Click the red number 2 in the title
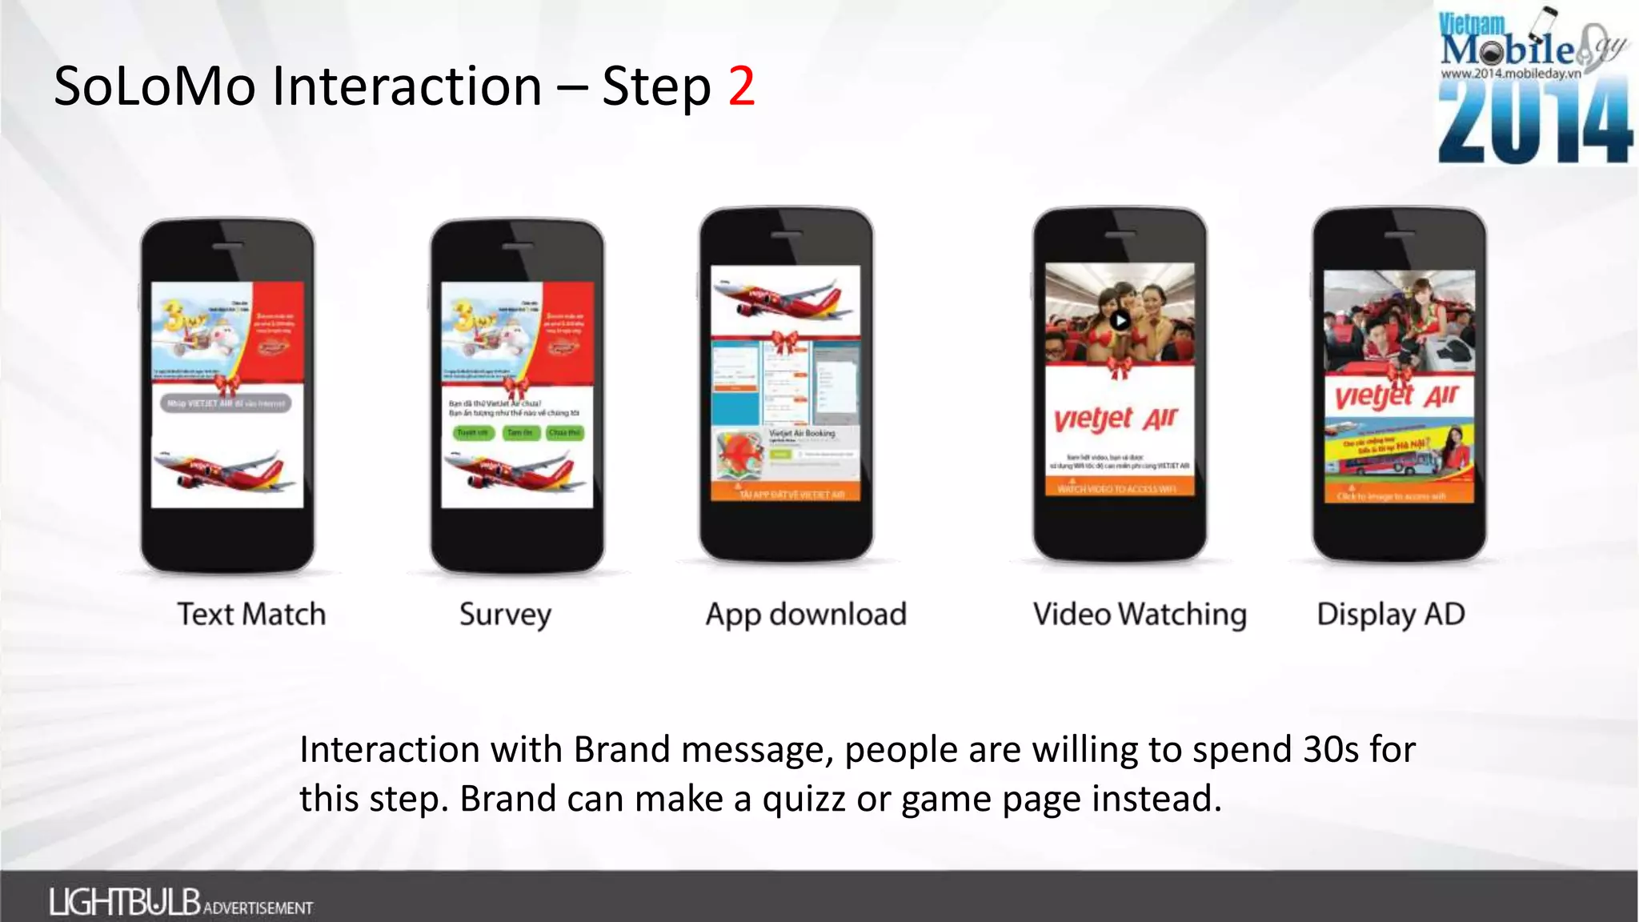[741, 86]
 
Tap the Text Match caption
[251, 615]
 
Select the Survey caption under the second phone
[505, 615]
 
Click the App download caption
[805, 615]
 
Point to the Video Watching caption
[1140, 615]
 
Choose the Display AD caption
[1391, 615]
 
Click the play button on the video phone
[1120, 321]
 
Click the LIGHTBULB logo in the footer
[125, 902]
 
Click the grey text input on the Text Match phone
[226, 403]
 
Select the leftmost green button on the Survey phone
[471, 433]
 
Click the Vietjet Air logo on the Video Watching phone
[1116, 419]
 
